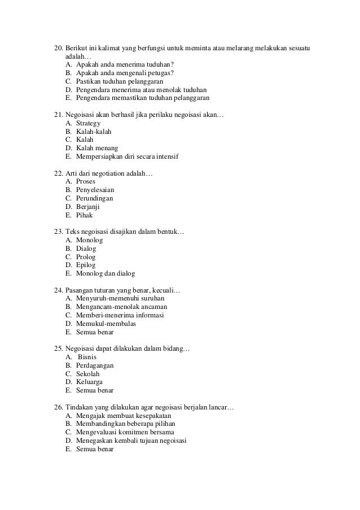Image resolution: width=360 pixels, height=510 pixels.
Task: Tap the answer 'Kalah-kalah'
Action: (94, 132)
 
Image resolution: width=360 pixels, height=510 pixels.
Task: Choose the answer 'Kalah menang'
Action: (93, 148)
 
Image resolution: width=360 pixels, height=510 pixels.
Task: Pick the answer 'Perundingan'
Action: (95, 198)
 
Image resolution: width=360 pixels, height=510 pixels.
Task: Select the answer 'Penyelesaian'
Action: (95, 190)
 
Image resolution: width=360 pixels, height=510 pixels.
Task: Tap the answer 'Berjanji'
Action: (87, 207)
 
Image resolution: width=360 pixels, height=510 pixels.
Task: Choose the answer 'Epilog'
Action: (86, 265)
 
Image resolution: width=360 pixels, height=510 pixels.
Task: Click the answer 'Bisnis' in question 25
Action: (87, 357)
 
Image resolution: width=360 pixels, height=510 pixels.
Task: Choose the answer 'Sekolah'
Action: (88, 374)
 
